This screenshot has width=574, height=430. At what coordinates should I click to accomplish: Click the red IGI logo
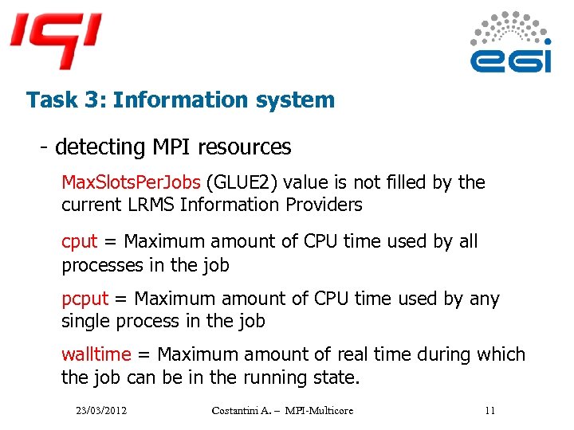56,38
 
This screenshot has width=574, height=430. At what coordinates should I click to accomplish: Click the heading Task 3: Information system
180,100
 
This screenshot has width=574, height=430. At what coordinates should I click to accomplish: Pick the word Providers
324,205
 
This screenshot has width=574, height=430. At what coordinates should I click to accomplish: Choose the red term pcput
85,299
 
